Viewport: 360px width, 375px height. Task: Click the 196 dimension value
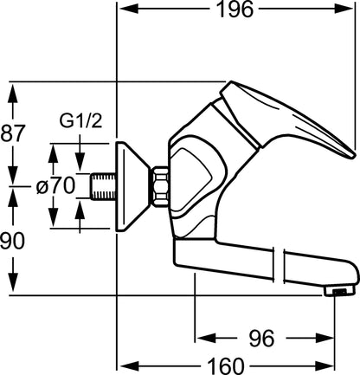coord(235,10)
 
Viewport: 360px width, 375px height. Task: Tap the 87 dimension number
coord(12,133)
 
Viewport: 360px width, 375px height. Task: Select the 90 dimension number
coord(12,241)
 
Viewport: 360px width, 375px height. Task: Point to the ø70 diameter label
coord(56,186)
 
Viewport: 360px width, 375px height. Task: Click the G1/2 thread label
coord(80,121)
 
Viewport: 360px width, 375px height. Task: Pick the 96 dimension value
coord(261,338)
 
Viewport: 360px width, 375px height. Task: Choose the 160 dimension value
coord(226,366)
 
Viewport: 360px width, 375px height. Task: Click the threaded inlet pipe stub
coord(103,186)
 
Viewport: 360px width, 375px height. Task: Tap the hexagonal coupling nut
coord(160,186)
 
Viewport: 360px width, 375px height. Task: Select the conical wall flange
coord(132,186)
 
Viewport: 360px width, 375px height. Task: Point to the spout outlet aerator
coord(338,292)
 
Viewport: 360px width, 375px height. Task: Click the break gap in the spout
coord(279,265)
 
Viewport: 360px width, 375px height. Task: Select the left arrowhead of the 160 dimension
coord(129,366)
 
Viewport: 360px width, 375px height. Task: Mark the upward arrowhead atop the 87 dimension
coord(13,93)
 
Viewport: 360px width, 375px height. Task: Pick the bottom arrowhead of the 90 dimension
coord(13,283)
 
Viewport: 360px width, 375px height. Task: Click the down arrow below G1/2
coord(80,161)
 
